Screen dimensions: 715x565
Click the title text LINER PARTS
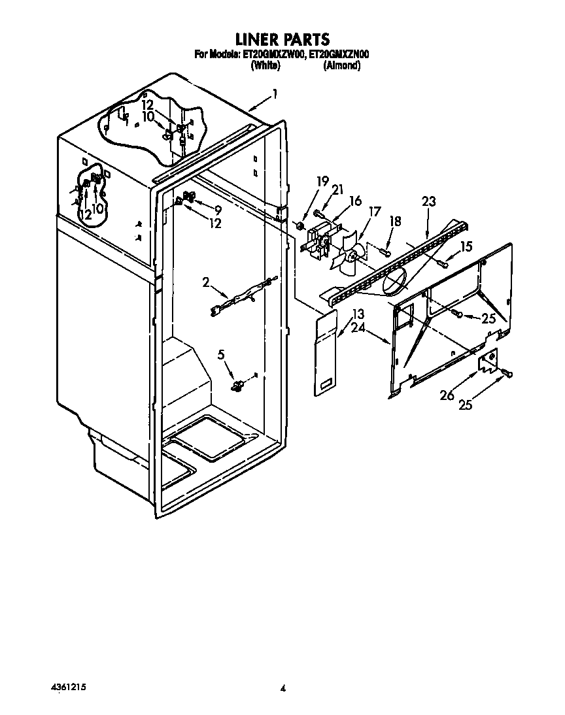[282, 41]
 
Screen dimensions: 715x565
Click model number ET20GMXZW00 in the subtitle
[274, 56]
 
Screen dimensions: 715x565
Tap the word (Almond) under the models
[342, 66]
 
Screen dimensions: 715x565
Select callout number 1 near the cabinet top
[275, 94]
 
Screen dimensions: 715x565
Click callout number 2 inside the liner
[205, 282]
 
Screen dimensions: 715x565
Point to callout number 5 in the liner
[221, 355]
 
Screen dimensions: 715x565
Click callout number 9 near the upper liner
[218, 210]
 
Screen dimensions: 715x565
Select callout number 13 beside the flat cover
[357, 312]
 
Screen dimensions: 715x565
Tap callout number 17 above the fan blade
[374, 212]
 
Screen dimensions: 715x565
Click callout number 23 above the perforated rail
[428, 203]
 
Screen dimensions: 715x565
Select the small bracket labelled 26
[488, 361]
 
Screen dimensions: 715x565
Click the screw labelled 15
[442, 263]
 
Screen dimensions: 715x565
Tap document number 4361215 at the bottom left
[69, 687]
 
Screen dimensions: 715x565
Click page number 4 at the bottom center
[282, 688]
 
